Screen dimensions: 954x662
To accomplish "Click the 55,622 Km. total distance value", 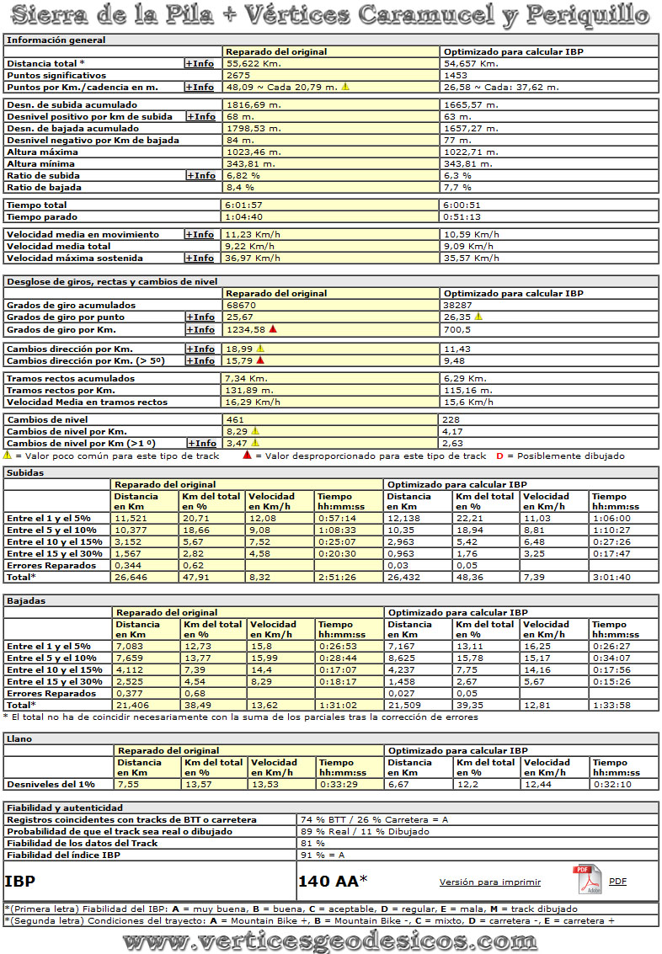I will (x=253, y=63).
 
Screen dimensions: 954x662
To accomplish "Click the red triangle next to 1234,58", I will (x=273, y=329).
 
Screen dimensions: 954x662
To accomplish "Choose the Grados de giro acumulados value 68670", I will (x=242, y=305).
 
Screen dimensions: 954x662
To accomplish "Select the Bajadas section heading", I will (x=26, y=600).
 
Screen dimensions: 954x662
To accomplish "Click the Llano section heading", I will (x=19, y=738).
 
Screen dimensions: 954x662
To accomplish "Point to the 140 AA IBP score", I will (x=333, y=882).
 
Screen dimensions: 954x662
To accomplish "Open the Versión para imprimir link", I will (x=489, y=882).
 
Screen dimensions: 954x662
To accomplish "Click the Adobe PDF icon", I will (x=587, y=880).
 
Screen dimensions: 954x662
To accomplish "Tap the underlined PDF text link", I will (x=617, y=882).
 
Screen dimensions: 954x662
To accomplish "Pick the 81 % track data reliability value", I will (x=312, y=843).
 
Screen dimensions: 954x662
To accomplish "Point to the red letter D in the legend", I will (x=499, y=456).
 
